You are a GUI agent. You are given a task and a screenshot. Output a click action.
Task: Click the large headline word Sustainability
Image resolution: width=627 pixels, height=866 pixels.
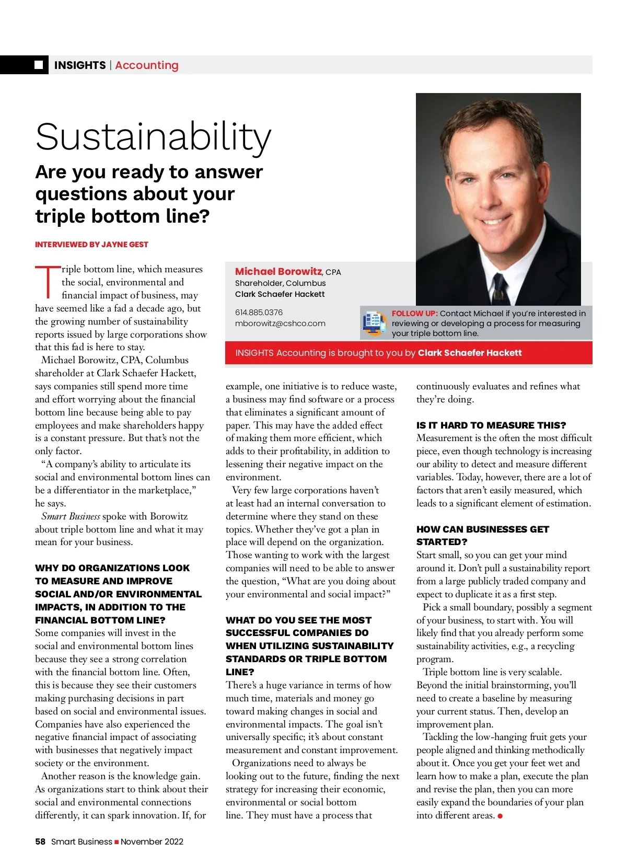(x=153, y=137)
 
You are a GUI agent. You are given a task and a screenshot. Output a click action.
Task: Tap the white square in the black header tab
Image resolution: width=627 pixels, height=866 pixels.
(x=39, y=65)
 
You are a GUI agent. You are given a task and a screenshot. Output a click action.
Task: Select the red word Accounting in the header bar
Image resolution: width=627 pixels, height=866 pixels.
(x=147, y=65)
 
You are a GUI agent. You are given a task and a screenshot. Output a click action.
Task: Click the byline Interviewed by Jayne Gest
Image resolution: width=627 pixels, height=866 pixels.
(x=91, y=244)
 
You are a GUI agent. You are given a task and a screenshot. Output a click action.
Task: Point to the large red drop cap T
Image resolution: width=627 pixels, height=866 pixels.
(x=48, y=282)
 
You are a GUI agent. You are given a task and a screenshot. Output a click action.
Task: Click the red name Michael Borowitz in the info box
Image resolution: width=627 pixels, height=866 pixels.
(x=278, y=271)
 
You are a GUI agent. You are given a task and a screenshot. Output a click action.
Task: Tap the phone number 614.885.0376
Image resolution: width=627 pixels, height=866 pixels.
(x=259, y=312)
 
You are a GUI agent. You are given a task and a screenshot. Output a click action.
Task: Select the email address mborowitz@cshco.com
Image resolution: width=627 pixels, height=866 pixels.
(x=280, y=323)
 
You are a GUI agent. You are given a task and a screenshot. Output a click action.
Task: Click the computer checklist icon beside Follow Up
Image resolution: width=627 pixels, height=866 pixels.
(x=375, y=322)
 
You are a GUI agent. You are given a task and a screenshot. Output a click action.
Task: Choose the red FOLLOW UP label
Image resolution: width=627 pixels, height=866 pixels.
(x=414, y=313)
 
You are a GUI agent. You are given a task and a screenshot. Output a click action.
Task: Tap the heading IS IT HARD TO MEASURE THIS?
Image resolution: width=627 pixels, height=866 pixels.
(x=491, y=425)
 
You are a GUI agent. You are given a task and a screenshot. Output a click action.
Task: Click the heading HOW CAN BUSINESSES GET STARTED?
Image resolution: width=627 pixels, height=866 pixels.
(x=482, y=535)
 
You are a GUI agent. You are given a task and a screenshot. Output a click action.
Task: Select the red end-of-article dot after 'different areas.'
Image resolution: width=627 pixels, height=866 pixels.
(x=500, y=815)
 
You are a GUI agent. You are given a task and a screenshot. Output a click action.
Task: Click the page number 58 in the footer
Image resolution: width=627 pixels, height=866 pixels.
(x=40, y=841)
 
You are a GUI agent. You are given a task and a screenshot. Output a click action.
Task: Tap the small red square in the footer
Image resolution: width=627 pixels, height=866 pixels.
(x=117, y=842)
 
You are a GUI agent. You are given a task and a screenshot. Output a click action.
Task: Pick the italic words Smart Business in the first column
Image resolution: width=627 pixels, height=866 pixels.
(x=71, y=516)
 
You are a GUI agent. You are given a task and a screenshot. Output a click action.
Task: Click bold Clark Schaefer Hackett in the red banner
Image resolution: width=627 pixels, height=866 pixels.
(x=469, y=353)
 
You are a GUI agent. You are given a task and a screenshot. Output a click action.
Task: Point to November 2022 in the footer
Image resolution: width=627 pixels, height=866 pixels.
(x=152, y=841)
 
